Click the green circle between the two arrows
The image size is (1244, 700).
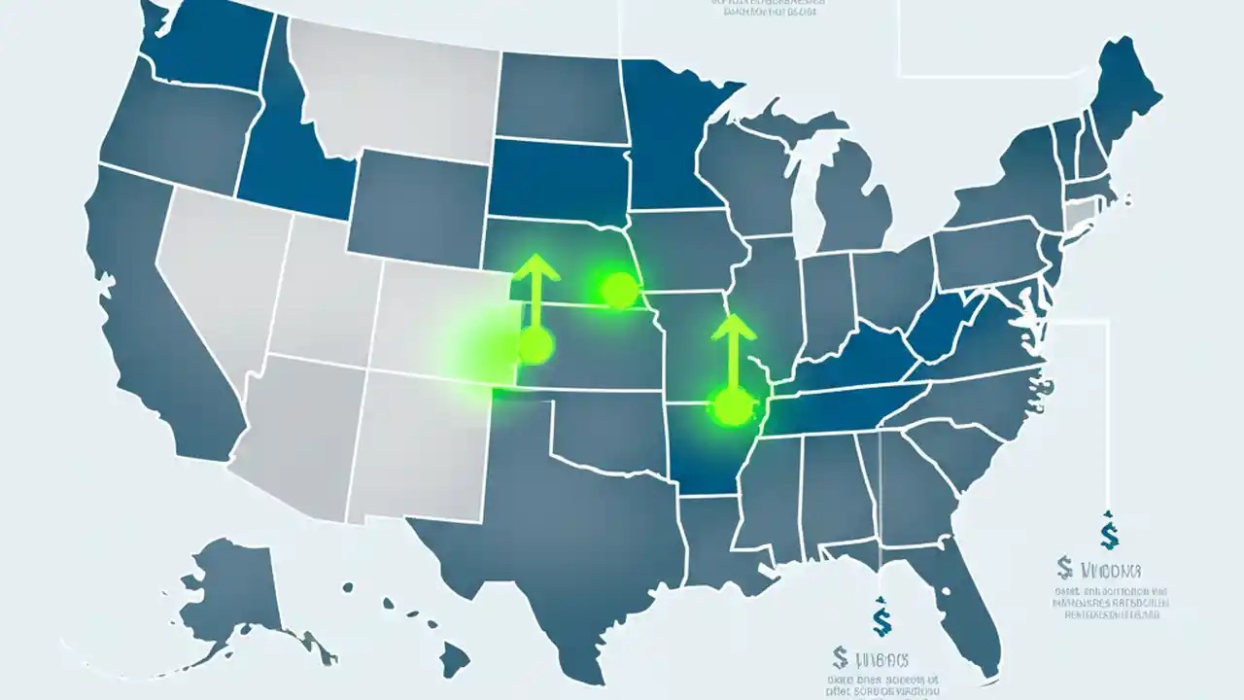[618, 289]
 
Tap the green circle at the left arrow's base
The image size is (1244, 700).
[535, 344]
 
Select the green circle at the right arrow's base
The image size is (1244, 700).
[732, 405]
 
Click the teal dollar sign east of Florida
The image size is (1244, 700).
[1109, 533]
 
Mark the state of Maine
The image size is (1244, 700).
[1127, 92]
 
